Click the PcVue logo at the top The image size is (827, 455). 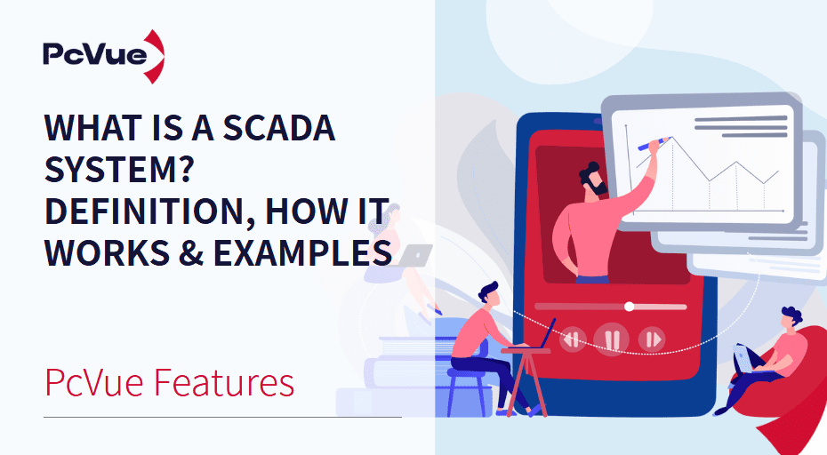[102, 54]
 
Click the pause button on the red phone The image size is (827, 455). [611, 339]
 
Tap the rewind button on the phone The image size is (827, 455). [572, 339]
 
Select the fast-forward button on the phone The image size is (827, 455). [652, 339]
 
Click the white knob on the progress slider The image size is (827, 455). [630, 306]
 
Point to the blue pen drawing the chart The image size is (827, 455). [654, 142]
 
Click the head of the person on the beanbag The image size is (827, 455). [791, 316]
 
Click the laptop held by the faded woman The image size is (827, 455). [413, 257]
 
